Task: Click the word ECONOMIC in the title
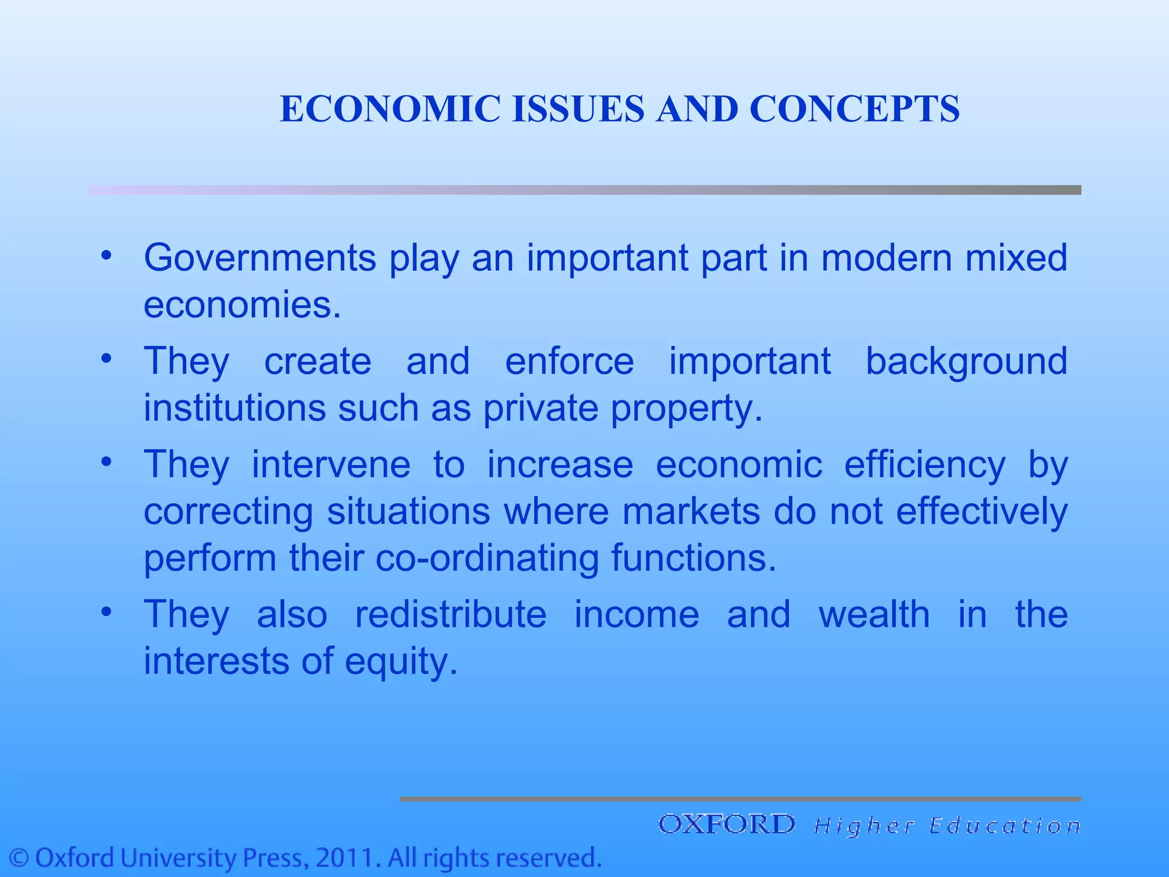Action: pyautogui.click(x=390, y=108)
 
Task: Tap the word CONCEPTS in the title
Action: pyautogui.click(x=854, y=108)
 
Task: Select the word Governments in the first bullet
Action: pyautogui.click(x=260, y=258)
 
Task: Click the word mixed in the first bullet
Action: pyautogui.click(x=1016, y=258)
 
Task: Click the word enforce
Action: pyautogui.click(x=569, y=361)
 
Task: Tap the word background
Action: pyautogui.click(x=966, y=361)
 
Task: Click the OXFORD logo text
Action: pyautogui.click(x=727, y=824)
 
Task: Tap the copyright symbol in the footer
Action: pyautogui.click(x=21, y=858)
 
